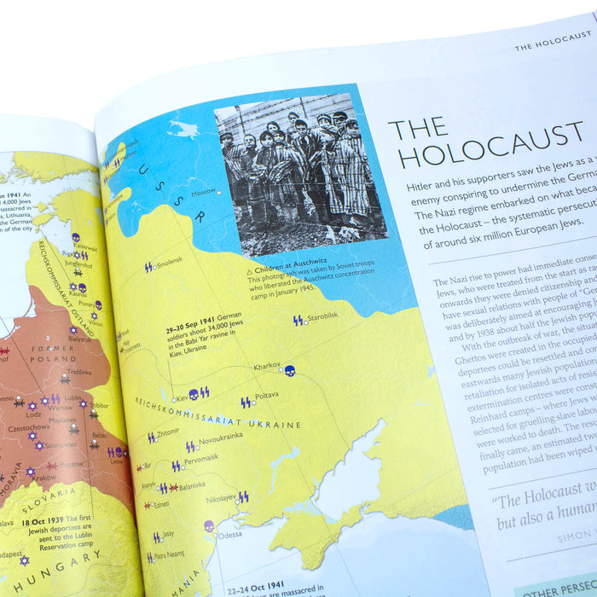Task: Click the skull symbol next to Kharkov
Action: click(x=289, y=371)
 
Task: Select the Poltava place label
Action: click(x=266, y=396)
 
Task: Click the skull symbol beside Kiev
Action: click(x=194, y=395)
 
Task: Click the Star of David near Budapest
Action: click(x=24, y=561)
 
